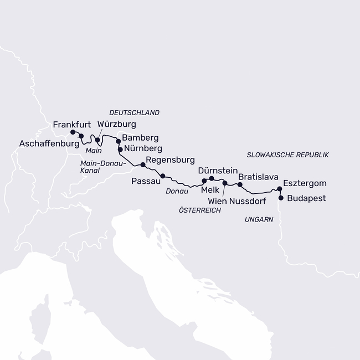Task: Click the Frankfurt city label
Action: coord(75,125)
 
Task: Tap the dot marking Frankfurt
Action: coord(73,132)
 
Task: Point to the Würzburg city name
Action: coord(116,124)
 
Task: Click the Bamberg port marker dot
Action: coord(117,141)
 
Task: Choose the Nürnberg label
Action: coord(143,149)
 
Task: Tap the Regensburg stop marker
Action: coord(142,164)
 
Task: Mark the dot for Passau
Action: coord(162,176)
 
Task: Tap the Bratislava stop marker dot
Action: coord(240,184)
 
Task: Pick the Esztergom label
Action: coord(304,183)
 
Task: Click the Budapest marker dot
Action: coord(281,198)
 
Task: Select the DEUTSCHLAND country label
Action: coord(134,112)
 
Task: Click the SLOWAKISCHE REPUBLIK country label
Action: coord(287,155)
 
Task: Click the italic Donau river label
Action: coord(177,191)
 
